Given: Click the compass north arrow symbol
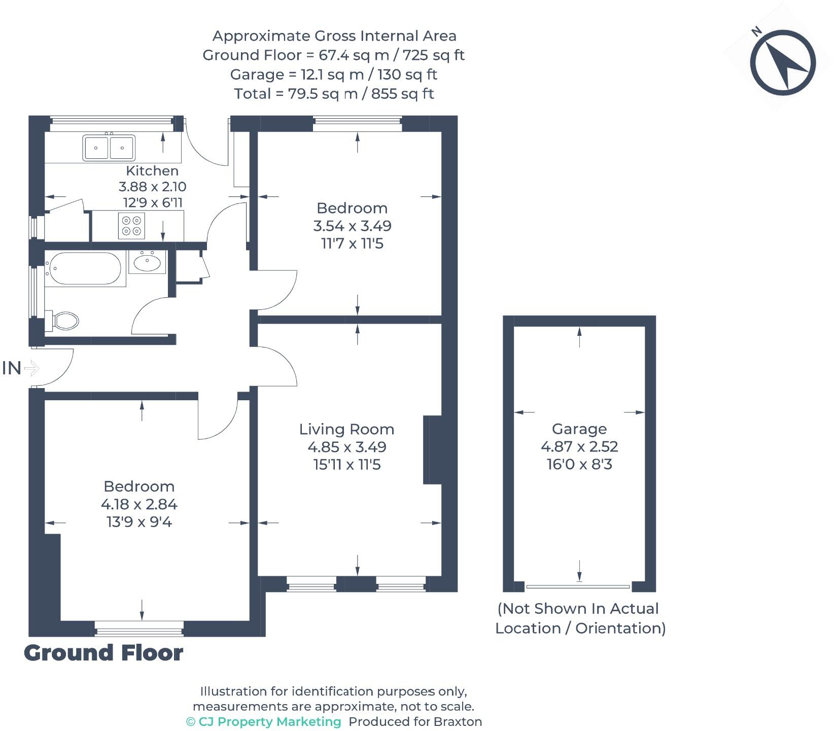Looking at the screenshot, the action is pos(783,62).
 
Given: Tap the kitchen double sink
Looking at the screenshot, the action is pos(109,147).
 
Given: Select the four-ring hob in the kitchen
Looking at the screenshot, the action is pos(131,226).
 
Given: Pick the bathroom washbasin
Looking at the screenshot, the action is pos(147,262).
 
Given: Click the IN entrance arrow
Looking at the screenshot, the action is pos(31,368).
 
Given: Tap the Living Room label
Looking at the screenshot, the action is pos(346,429).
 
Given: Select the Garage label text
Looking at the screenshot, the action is pos(579,429).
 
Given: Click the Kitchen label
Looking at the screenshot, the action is pos(152,171).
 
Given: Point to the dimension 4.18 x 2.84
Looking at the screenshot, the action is pos(139,504).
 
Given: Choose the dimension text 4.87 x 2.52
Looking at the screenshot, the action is pos(579,446).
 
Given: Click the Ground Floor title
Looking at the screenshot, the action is pos(103,653).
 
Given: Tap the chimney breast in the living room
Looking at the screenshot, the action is pos(432,450).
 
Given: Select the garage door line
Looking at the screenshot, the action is pos(578,586).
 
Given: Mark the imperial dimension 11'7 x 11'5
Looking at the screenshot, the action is pos(352,243).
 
